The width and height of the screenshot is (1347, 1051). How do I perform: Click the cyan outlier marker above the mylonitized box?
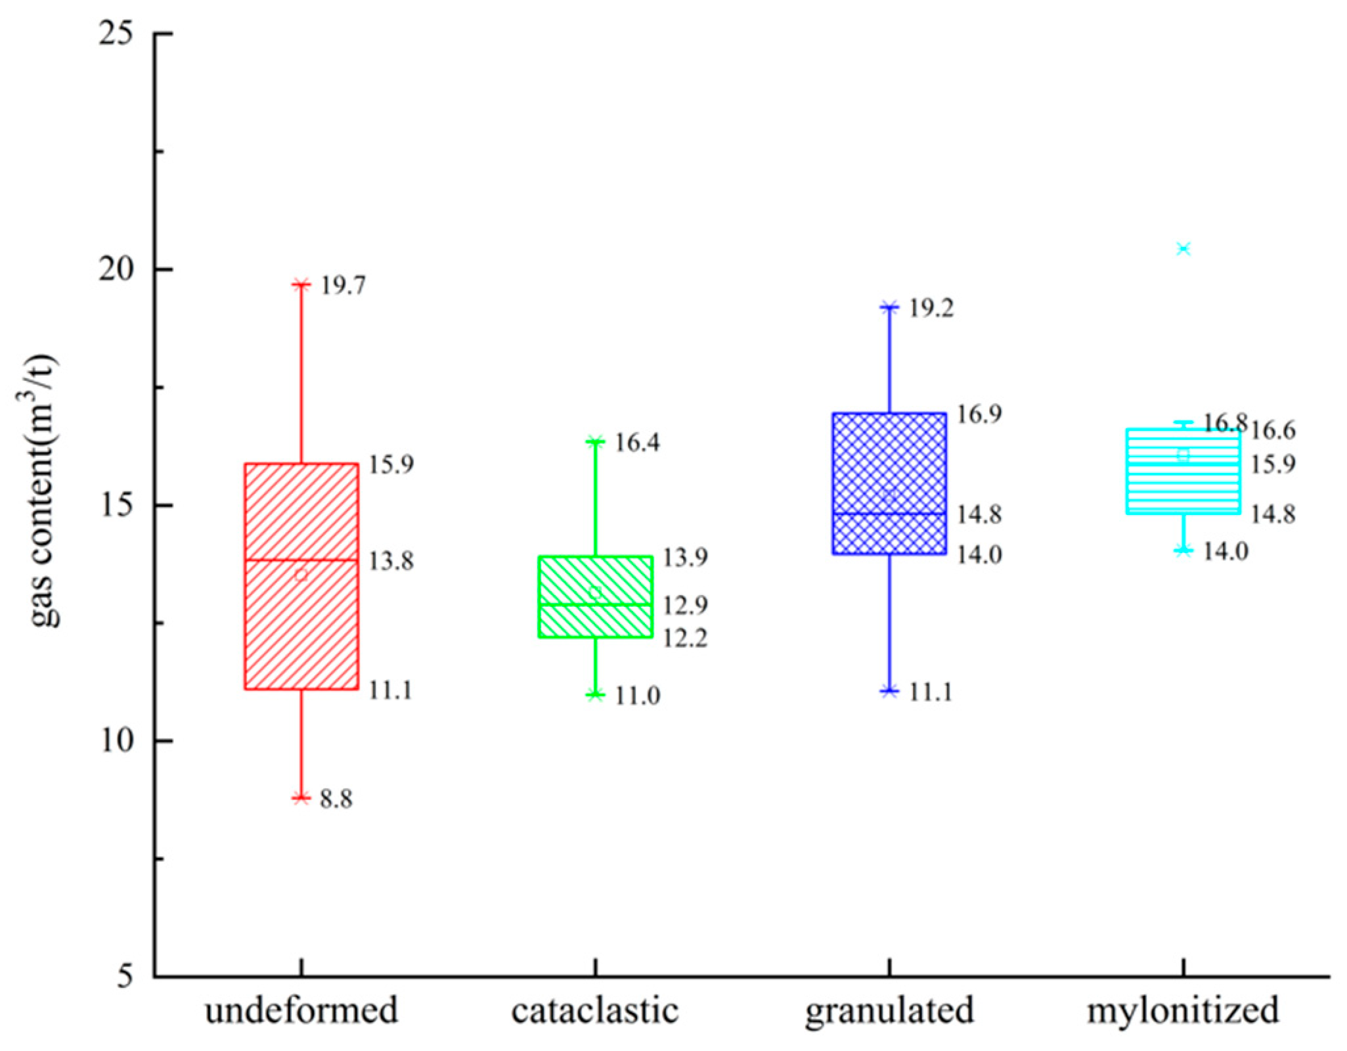[1183, 248]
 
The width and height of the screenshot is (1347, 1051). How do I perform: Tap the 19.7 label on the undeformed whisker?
[343, 286]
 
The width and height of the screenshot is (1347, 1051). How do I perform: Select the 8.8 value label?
[336, 799]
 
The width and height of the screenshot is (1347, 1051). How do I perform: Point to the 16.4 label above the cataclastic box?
[637, 443]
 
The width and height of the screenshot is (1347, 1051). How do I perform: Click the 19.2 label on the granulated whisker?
[931, 308]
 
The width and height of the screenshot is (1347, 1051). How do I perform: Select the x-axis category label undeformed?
[301, 1010]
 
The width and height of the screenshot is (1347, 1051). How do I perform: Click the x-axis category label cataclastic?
[595, 1010]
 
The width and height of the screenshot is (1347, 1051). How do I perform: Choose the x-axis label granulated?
[889, 1010]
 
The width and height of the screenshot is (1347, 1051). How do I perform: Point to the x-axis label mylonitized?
[1183, 1010]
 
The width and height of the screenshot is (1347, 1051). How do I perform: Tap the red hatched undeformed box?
[301, 631]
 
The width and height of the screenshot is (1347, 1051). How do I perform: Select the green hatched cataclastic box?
[595, 617]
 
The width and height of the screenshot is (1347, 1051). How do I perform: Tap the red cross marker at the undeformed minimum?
[301, 798]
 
